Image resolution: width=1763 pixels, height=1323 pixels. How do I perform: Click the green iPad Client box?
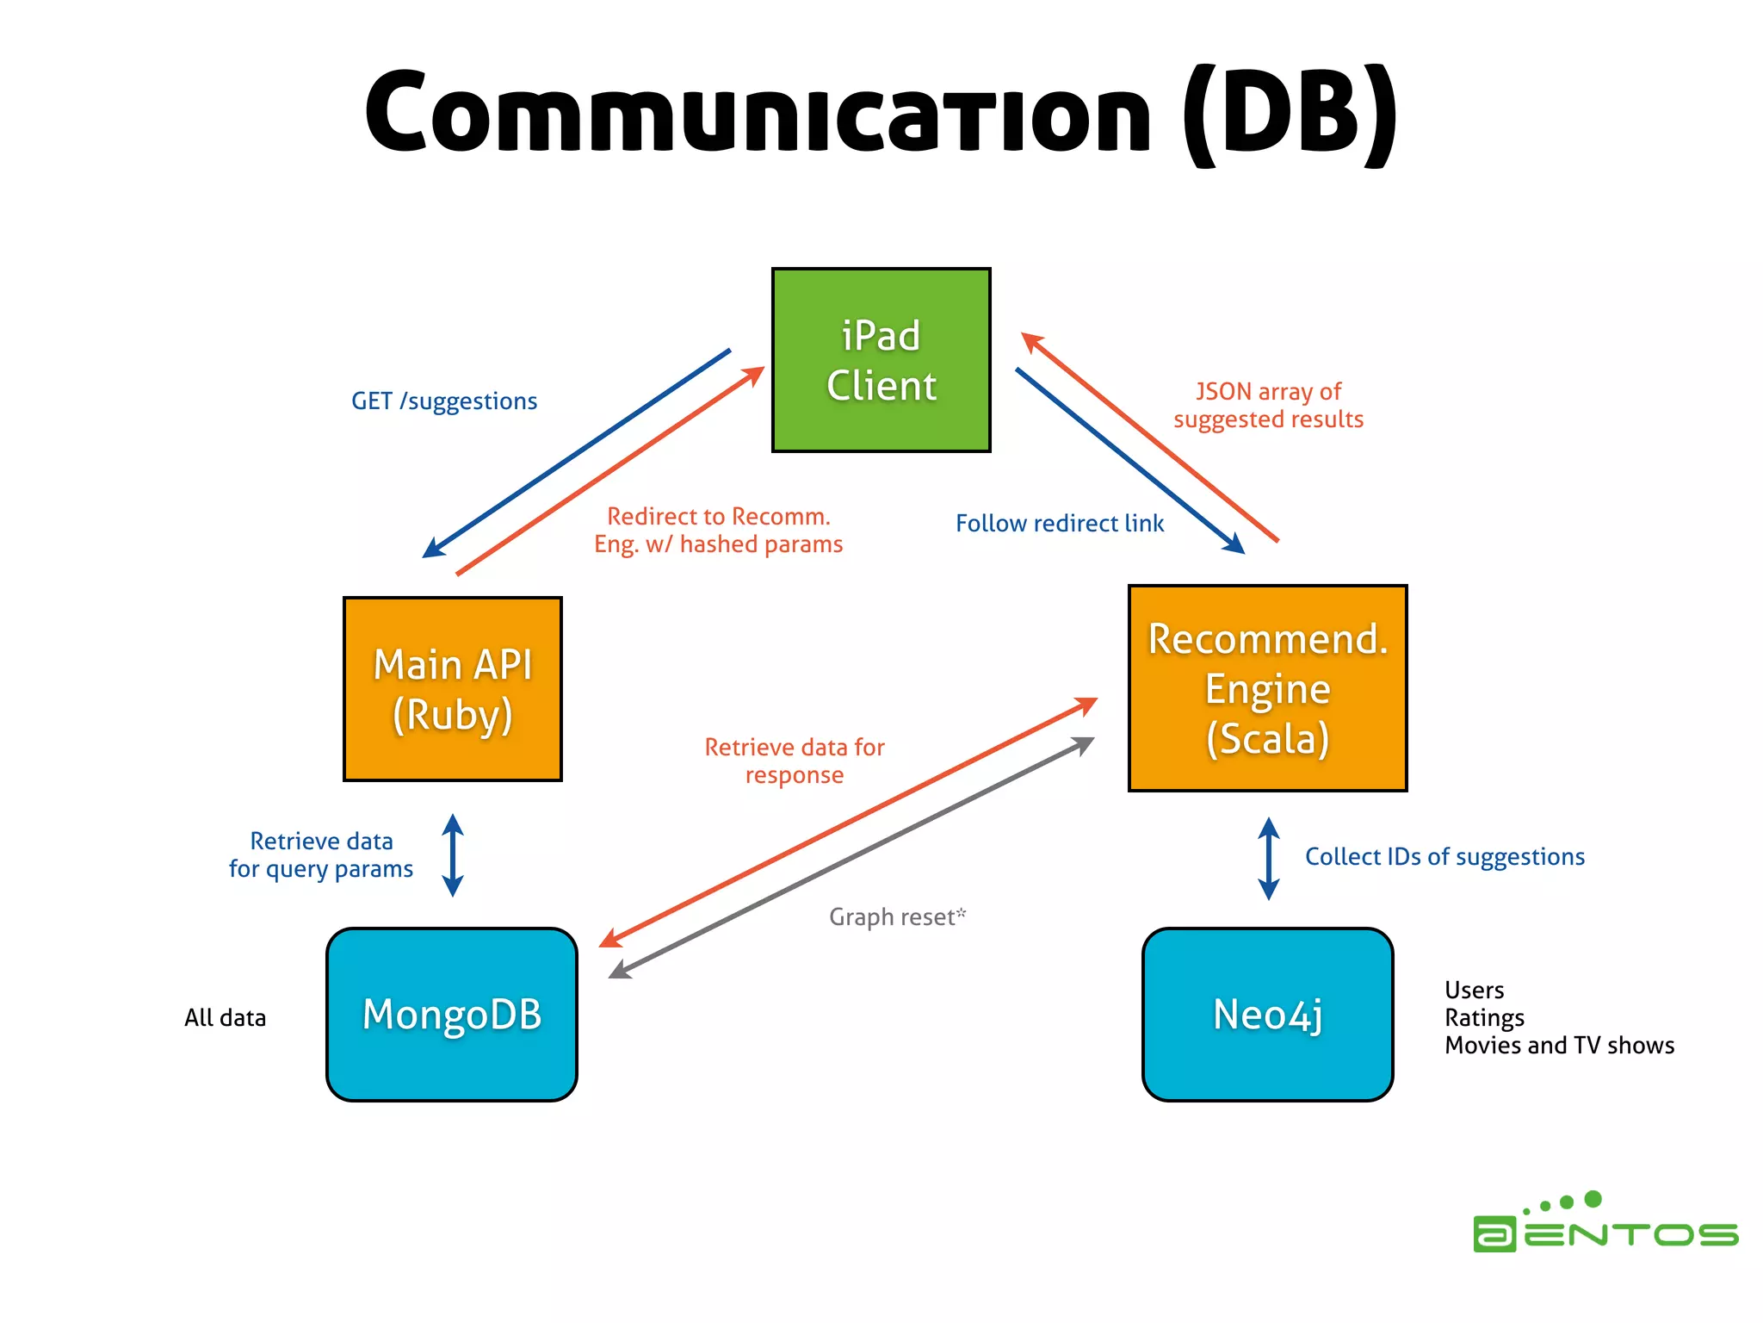pos(881,360)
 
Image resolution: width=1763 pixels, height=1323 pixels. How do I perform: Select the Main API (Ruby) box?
pos(452,689)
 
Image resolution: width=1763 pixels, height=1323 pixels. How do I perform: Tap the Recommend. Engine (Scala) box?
pos(1267,688)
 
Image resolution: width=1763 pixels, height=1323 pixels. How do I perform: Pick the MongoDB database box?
pos(452,1014)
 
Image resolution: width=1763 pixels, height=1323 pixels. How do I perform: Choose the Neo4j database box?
pos(1267,1014)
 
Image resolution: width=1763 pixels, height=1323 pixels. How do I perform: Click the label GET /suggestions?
pos(443,401)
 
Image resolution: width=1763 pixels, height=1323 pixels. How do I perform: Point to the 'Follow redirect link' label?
pos(1059,524)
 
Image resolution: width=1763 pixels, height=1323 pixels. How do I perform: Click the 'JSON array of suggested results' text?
pos(1268,406)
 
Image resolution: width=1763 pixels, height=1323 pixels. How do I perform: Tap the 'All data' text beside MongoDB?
pos(225,1018)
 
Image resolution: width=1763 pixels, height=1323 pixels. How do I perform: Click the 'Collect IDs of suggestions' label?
pos(1444,857)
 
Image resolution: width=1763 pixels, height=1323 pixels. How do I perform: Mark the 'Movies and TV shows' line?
pos(1559,1046)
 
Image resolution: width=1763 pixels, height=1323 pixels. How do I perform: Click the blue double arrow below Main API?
pos(453,855)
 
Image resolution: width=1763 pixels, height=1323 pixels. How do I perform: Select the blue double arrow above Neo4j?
pos(1268,859)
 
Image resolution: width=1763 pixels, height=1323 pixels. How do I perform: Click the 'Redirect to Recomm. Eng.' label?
pos(718,531)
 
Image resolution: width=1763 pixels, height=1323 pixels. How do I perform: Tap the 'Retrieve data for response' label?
pos(794,761)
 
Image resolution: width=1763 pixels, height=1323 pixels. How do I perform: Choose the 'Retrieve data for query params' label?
pos(320,855)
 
